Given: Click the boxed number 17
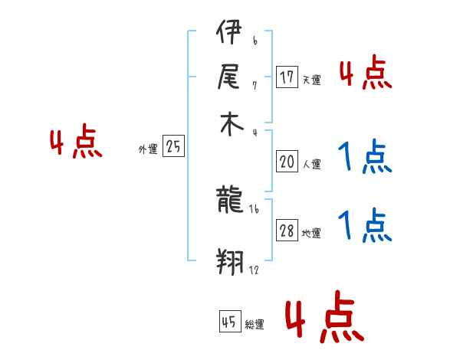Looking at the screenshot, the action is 287,77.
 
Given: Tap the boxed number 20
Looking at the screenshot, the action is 287,162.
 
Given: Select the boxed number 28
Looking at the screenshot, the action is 287,231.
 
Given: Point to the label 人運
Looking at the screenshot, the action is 311,164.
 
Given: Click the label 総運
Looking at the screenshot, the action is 255,324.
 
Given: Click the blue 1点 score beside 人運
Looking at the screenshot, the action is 365,157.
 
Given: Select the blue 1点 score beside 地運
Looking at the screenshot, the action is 365,225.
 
